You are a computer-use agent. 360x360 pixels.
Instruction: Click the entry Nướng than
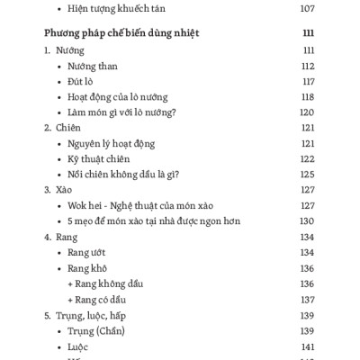[x=92, y=66]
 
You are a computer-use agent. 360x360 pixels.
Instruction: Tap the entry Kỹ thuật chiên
[x=101, y=158]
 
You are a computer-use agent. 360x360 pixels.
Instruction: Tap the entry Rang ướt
[x=87, y=252]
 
